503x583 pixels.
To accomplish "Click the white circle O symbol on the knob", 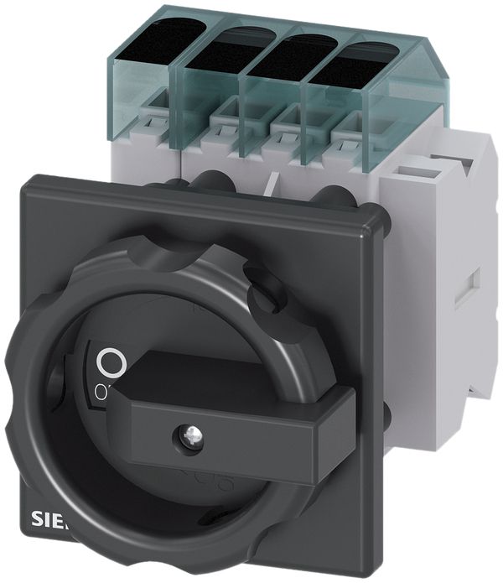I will [111, 363].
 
